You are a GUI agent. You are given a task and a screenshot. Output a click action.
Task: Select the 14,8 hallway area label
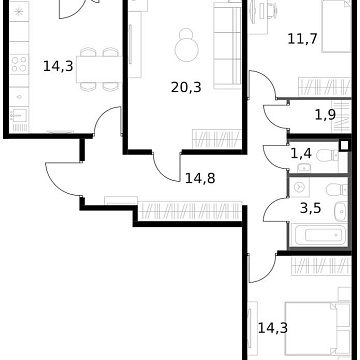[x=200, y=180]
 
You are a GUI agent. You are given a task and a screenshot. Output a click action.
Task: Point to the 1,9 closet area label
[x=325, y=115]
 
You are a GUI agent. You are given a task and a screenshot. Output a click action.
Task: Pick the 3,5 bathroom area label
[x=311, y=209]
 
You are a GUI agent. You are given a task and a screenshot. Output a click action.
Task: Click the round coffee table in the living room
[x=185, y=49]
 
